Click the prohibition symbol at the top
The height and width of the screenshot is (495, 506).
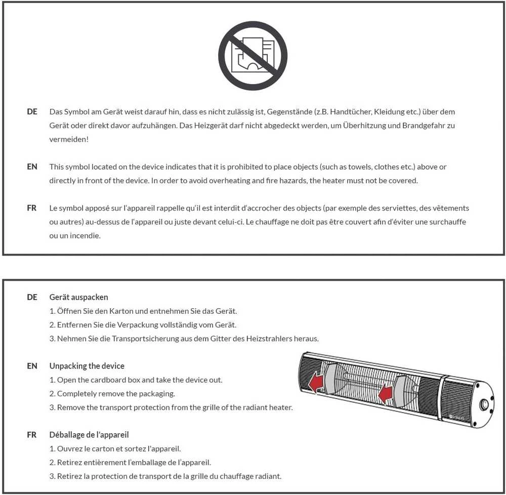[x=252, y=56]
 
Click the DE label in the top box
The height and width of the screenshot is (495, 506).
[x=32, y=112]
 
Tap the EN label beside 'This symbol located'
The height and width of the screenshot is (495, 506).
[x=32, y=167]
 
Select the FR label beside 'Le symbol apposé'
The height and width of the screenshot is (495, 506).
[x=31, y=208]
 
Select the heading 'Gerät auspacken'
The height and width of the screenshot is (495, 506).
[x=79, y=297]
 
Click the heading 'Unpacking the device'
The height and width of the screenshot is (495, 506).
[x=87, y=366]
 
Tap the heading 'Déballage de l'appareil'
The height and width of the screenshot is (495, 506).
[x=89, y=435]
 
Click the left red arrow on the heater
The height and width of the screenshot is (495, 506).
[x=316, y=382]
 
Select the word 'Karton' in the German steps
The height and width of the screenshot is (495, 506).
[x=121, y=311]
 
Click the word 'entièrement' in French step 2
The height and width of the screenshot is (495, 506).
[x=103, y=463]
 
